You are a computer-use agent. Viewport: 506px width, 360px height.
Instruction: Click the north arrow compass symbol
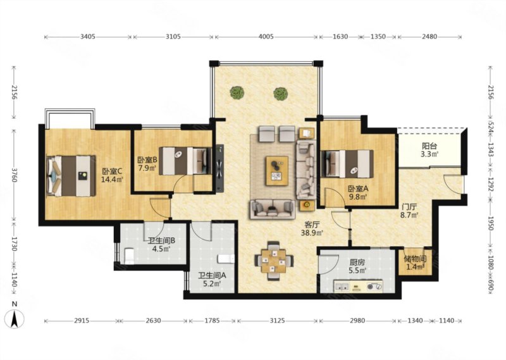click(x=15, y=319)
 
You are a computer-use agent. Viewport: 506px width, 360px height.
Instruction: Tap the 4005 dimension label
click(x=266, y=37)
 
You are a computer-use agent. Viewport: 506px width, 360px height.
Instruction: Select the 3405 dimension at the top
click(x=88, y=37)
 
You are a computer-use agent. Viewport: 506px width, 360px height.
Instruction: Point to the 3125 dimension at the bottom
click(x=277, y=321)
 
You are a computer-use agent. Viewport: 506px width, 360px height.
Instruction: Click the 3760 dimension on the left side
click(x=14, y=175)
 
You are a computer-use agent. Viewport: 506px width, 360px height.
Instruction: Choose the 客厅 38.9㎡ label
click(x=312, y=228)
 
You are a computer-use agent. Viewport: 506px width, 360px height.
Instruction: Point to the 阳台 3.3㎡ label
click(x=429, y=150)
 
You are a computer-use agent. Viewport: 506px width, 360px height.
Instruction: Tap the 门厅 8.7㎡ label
click(x=409, y=211)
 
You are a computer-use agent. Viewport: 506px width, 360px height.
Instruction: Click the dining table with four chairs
click(x=274, y=261)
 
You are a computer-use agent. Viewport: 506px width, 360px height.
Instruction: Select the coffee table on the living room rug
click(x=277, y=171)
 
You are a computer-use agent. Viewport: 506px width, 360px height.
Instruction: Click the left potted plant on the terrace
click(x=237, y=92)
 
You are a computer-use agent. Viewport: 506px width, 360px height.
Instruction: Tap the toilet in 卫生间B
click(x=129, y=256)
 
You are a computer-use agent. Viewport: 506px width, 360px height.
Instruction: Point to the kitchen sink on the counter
click(x=342, y=286)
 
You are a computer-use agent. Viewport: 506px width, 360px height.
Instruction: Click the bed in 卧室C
click(x=71, y=176)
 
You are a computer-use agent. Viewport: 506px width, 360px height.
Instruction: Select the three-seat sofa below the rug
click(x=273, y=209)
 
